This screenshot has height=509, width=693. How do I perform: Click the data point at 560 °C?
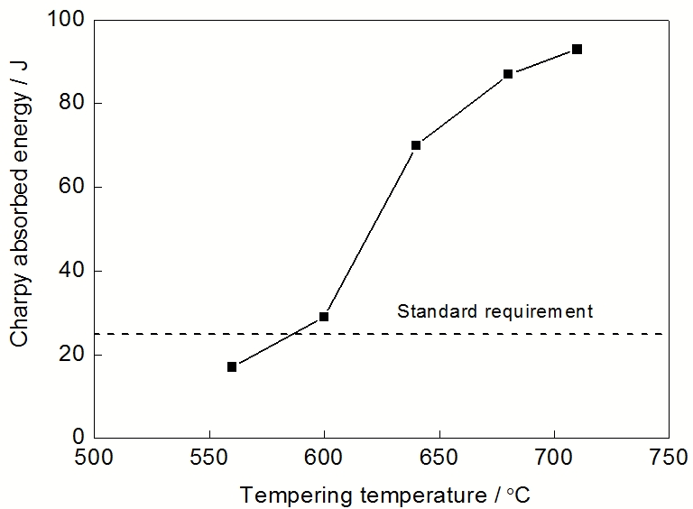232,366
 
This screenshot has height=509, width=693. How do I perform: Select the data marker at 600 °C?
324,317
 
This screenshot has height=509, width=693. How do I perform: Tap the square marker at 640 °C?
416,144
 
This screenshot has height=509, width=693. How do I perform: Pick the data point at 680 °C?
508,74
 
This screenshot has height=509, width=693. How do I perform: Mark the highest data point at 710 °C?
577,49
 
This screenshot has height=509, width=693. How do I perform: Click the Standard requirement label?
495,311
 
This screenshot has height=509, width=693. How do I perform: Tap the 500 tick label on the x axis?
95,457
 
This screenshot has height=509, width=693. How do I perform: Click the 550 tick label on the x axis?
209,457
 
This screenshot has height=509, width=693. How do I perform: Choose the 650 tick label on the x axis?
439,457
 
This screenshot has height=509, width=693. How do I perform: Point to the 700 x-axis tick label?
553,457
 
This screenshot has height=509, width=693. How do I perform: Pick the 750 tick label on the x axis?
668,457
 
